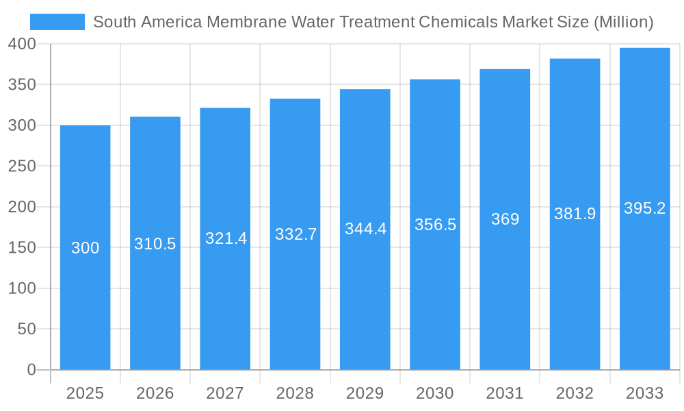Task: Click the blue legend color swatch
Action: [57, 22]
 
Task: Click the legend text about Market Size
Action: [373, 22]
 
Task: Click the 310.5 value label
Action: [155, 244]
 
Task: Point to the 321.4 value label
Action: [226, 238]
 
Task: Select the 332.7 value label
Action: [295, 234]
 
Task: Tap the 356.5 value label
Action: [435, 225]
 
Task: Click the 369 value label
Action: [505, 219]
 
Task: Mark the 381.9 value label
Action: [575, 214]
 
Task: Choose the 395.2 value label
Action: [644, 208]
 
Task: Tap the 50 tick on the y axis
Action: [26, 329]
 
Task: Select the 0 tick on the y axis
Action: [31, 370]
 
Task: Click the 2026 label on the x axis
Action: [155, 393]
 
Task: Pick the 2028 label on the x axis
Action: [295, 393]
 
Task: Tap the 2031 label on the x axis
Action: [505, 393]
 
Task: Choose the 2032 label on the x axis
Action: [575, 393]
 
